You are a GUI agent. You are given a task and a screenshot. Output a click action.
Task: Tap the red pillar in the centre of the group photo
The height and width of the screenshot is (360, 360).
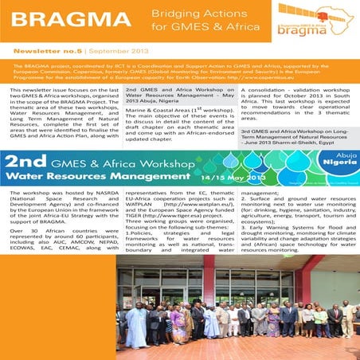(x=209, y=286)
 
